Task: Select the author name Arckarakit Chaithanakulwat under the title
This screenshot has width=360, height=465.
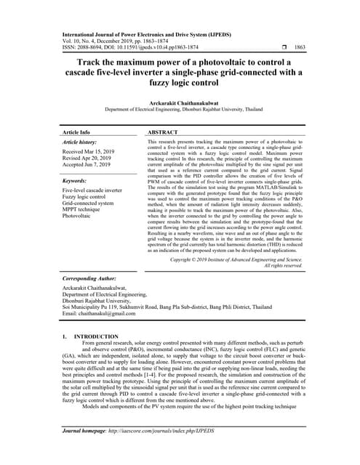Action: tap(180, 104)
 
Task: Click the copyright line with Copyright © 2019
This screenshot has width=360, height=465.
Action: tap(236, 259)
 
